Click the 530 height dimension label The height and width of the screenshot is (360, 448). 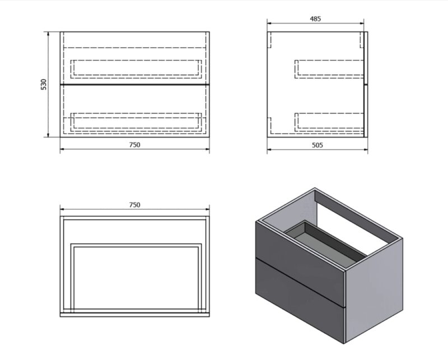[44, 85]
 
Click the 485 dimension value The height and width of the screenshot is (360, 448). [315, 19]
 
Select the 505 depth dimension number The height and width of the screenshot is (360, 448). [317, 145]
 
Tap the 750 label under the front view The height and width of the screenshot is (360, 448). [134, 145]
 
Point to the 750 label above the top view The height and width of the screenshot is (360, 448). [134, 205]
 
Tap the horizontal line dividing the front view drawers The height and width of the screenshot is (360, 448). [135, 85]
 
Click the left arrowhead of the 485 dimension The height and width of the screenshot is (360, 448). [269, 24]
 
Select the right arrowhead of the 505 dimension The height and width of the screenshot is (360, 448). [366, 149]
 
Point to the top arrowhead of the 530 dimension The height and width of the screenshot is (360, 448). [48, 34]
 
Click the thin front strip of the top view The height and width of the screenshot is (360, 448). [135, 315]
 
